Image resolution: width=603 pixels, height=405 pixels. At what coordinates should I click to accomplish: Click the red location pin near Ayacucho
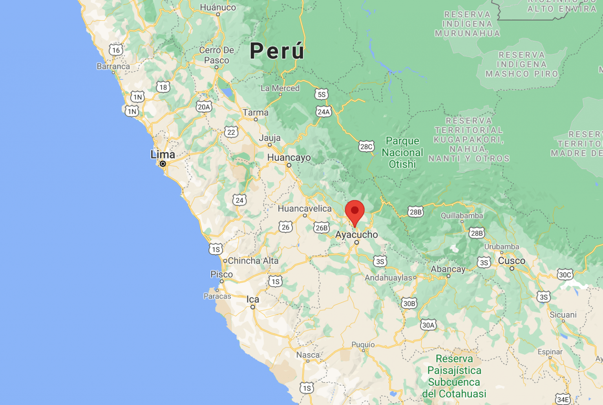coord(354,211)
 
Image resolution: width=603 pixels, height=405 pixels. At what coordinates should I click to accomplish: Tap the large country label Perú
coord(277,51)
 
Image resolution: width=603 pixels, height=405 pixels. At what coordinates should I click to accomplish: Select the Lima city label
coord(163,154)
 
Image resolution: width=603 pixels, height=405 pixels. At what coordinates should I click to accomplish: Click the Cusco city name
coord(511,261)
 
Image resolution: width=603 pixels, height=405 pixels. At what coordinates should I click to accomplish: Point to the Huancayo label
coord(289,158)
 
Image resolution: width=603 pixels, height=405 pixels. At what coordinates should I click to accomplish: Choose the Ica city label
coord(253,299)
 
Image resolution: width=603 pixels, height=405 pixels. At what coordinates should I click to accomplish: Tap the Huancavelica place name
coord(305,209)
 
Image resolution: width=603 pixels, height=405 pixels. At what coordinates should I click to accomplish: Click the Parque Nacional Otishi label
coord(402,152)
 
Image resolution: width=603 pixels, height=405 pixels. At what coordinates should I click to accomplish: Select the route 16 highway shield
coord(116,50)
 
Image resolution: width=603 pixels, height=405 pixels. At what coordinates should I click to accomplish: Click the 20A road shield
coord(204,107)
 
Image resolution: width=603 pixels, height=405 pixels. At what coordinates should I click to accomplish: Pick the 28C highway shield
coord(366,147)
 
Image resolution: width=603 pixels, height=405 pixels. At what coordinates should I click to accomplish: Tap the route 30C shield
coord(565,275)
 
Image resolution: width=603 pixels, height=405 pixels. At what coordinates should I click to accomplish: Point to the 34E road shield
coord(563,400)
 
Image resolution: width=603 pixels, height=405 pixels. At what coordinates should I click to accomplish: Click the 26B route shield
coord(321,228)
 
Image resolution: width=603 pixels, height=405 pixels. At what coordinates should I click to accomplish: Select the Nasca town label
coord(308,355)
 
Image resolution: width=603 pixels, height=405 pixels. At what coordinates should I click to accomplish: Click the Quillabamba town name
coord(462,216)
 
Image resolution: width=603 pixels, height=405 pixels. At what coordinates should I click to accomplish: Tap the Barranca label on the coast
coord(113,66)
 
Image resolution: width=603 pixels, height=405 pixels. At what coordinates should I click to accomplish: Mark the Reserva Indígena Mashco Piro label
coord(522,64)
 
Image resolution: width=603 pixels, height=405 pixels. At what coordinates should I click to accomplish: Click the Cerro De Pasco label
coord(216,55)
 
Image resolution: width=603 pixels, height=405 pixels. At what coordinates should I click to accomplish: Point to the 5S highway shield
coord(321,94)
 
